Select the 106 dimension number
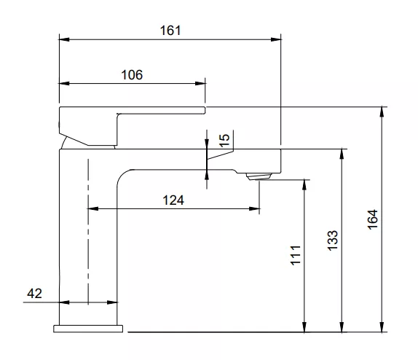pyautogui.click(x=132, y=74)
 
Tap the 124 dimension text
pyautogui.click(x=173, y=200)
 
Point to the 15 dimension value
pyautogui.click(x=224, y=140)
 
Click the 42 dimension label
pyautogui.click(x=34, y=293)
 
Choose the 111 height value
pyautogui.click(x=296, y=255)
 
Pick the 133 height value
pyautogui.click(x=332, y=240)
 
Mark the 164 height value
pyautogui.click(x=372, y=219)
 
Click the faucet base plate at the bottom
pyautogui.click(x=88, y=327)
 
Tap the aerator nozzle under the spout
pyautogui.click(x=259, y=175)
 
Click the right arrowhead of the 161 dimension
pyautogui.click(x=275, y=39)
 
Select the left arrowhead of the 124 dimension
pyautogui.click(x=92, y=209)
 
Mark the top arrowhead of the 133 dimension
pyautogui.click(x=342, y=154)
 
